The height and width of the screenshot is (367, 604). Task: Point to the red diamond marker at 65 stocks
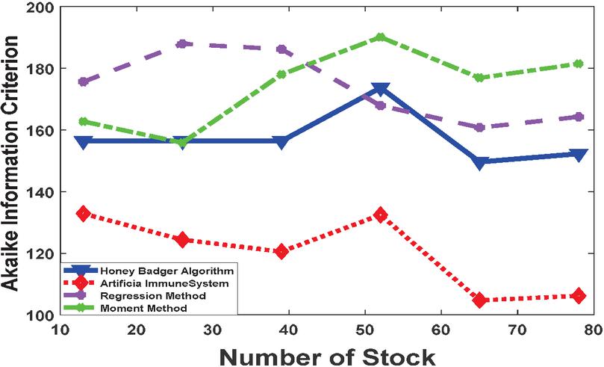(480, 300)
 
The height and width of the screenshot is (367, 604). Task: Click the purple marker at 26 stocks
(181, 44)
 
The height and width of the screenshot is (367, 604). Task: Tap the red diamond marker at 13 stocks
(83, 214)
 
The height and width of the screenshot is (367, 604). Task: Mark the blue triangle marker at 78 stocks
(578, 155)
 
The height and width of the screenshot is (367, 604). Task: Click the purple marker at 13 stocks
(83, 81)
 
